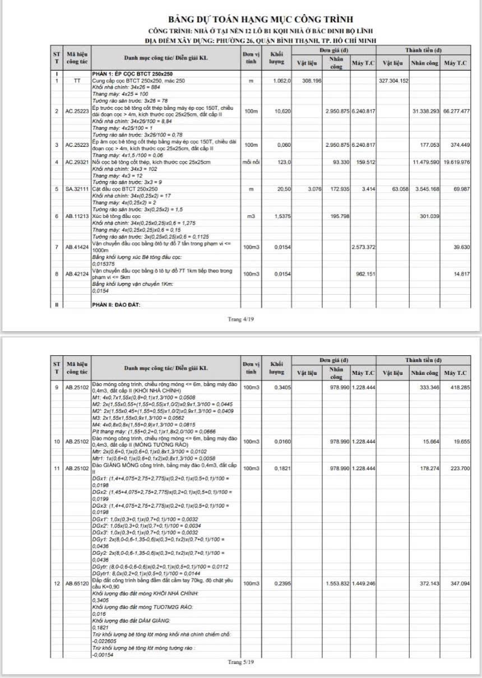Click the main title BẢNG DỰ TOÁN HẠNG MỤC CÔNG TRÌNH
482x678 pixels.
click(x=241, y=21)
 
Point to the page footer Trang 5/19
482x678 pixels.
click(x=240, y=662)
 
